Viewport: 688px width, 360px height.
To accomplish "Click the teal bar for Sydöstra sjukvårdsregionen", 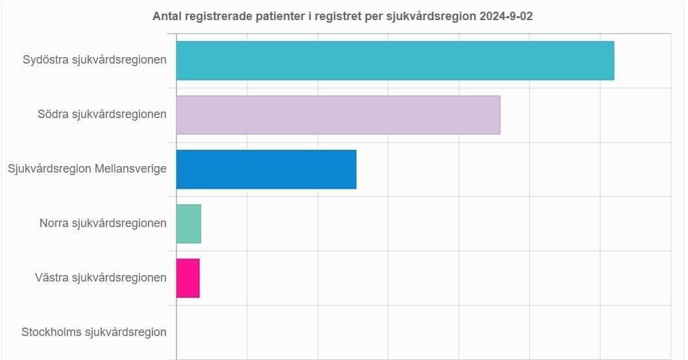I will pyautogui.click(x=395, y=60).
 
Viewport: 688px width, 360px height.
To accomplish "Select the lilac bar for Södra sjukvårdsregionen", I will pyautogui.click(x=338, y=115).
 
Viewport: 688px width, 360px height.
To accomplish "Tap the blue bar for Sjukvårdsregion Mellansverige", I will pyautogui.click(x=266, y=169).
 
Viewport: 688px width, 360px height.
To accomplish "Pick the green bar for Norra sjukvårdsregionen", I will pyautogui.click(x=188, y=224).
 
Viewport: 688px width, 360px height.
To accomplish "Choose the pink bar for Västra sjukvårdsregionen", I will pyautogui.click(x=188, y=278).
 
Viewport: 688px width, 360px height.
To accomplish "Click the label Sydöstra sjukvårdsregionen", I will pyautogui.click(x=94, y=60).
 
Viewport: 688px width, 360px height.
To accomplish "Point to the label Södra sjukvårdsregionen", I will pyautogui.click(x=102, y=115).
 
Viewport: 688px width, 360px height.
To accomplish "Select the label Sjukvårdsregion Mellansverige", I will pyautogui.click(x=87, y=169).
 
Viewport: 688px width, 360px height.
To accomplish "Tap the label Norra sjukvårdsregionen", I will pyautogui.click(x=103, y=224).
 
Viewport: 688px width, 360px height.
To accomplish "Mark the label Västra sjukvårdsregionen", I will pyautogui.click(x=101, y=278).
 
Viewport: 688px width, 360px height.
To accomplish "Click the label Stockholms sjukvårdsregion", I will pyautogui.click(x=93, y=332).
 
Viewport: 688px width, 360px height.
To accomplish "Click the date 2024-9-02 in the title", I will pyautogui.click(x=507, y=16).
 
